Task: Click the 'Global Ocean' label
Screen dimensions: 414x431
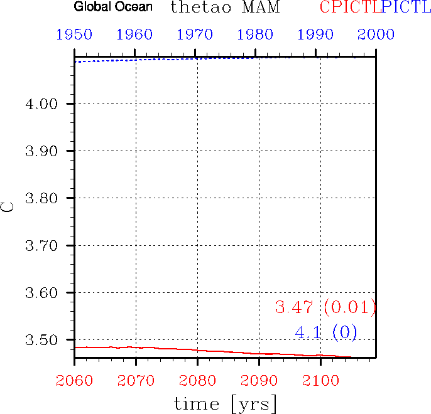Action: (113, 8)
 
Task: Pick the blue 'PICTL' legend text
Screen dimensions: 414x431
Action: (406, 8)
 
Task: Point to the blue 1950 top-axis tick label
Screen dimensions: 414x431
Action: (74, 34)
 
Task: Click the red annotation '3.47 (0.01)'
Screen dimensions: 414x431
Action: (325, 307)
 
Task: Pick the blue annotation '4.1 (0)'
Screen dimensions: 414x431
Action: (325, 332)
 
